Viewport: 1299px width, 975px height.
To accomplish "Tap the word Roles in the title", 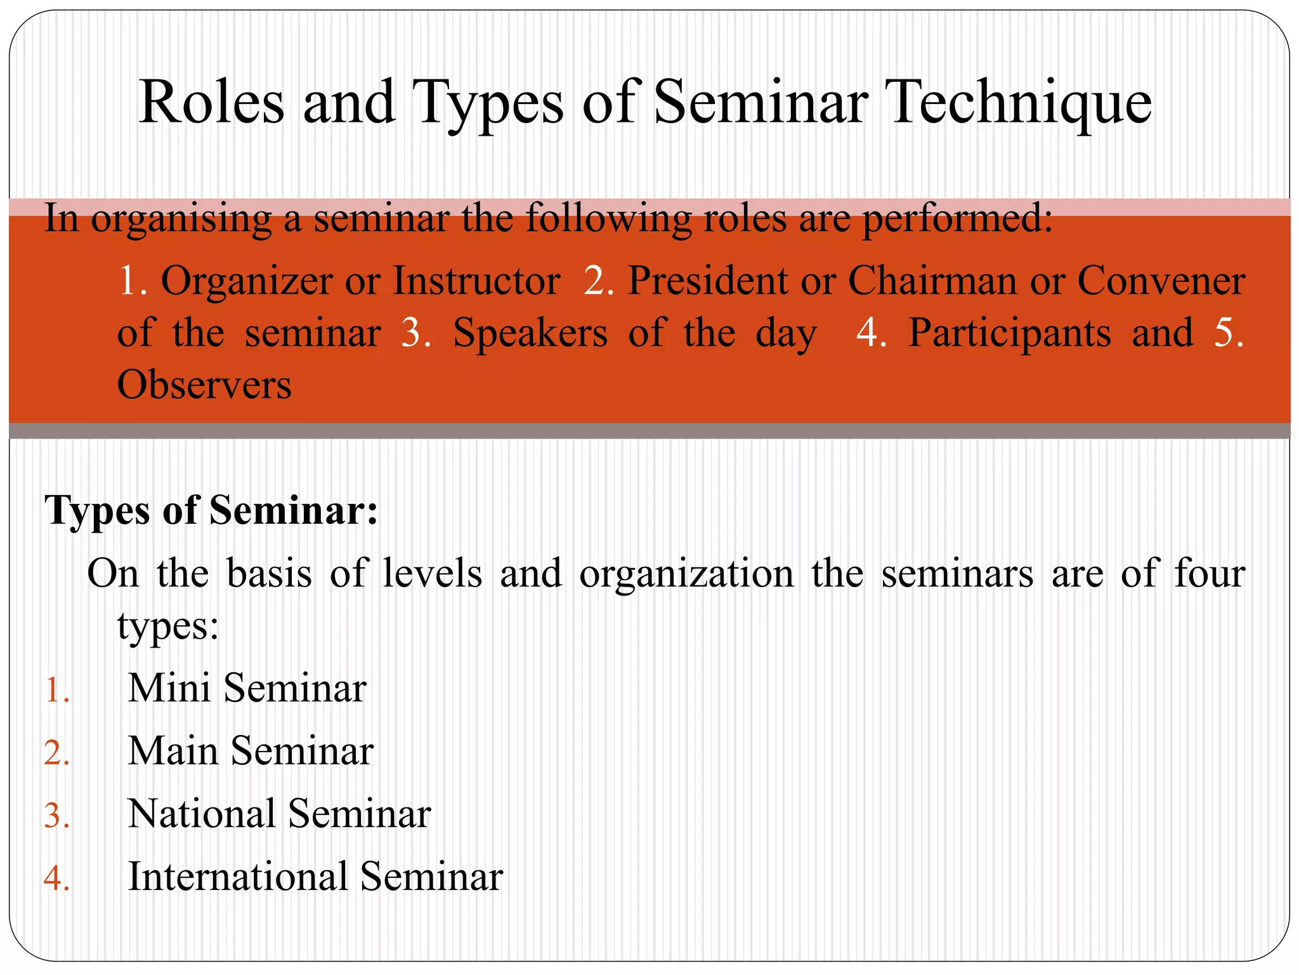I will (x=211, y=103).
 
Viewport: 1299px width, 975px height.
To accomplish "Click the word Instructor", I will (x=476, y=281).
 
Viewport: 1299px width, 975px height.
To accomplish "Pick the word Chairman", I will (x=932, y=281).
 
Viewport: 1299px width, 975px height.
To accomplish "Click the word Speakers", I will (x=530, y=333).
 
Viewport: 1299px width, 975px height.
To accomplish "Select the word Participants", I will (x=1009, y=333).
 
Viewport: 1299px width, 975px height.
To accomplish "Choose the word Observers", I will (x=204, y=385).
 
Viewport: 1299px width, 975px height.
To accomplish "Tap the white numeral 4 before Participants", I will (x=867, y=333).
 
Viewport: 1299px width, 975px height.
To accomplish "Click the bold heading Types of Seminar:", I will (x=211, y=510).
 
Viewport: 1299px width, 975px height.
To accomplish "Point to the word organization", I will (x=686, y=574).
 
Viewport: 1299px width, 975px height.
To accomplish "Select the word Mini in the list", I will (x=169, y=688).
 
